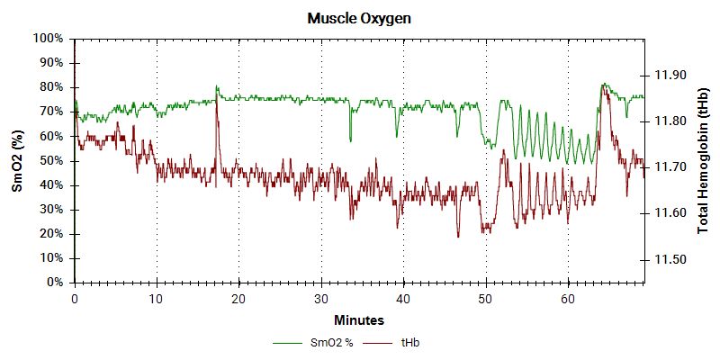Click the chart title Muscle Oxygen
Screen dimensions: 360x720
360,18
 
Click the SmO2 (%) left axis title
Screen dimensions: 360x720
16,160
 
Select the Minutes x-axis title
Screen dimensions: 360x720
359,319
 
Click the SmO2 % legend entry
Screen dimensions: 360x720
319,343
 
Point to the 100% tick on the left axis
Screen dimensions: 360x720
48,39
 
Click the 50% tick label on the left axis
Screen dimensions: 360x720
50,160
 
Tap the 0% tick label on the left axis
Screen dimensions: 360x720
54,283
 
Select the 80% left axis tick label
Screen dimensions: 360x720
50,87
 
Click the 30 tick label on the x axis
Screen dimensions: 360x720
321,298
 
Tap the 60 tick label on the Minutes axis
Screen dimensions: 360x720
568,298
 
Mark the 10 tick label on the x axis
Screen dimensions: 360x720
157,298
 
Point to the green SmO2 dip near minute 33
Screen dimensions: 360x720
350,140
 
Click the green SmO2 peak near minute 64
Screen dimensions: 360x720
603,85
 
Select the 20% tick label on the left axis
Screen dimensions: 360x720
50,234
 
